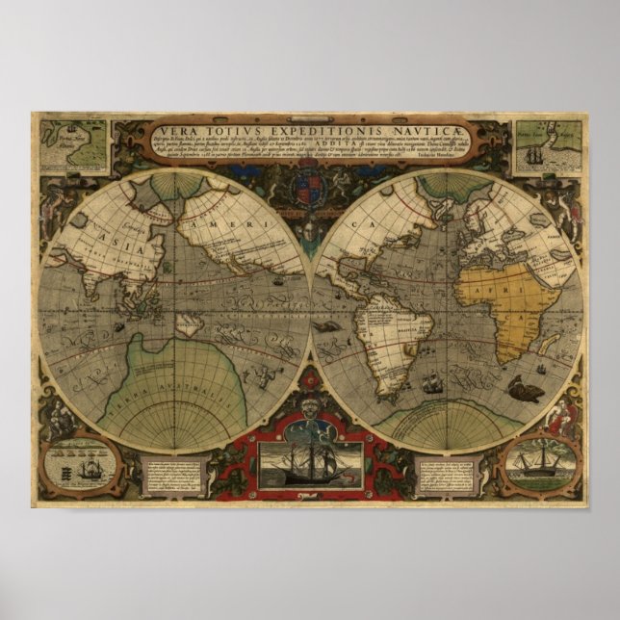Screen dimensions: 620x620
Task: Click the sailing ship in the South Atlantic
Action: pyautogui.click(x=432, y=382)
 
